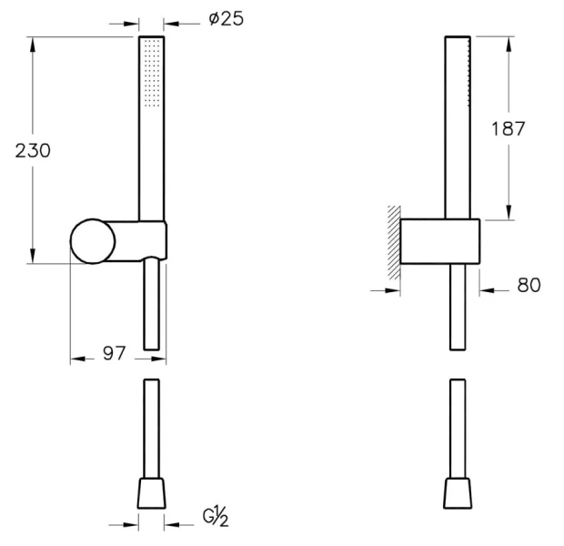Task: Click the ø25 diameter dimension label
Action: [x=226, y=19]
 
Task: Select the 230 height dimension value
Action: [x=33, y=150]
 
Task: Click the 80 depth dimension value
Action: [x=529, y=286]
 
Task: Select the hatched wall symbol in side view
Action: [x=393, y=241]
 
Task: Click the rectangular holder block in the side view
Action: [x=440, y=242]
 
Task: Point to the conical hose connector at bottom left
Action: [x=151, y=493]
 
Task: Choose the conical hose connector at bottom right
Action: [x=458, y=493]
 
